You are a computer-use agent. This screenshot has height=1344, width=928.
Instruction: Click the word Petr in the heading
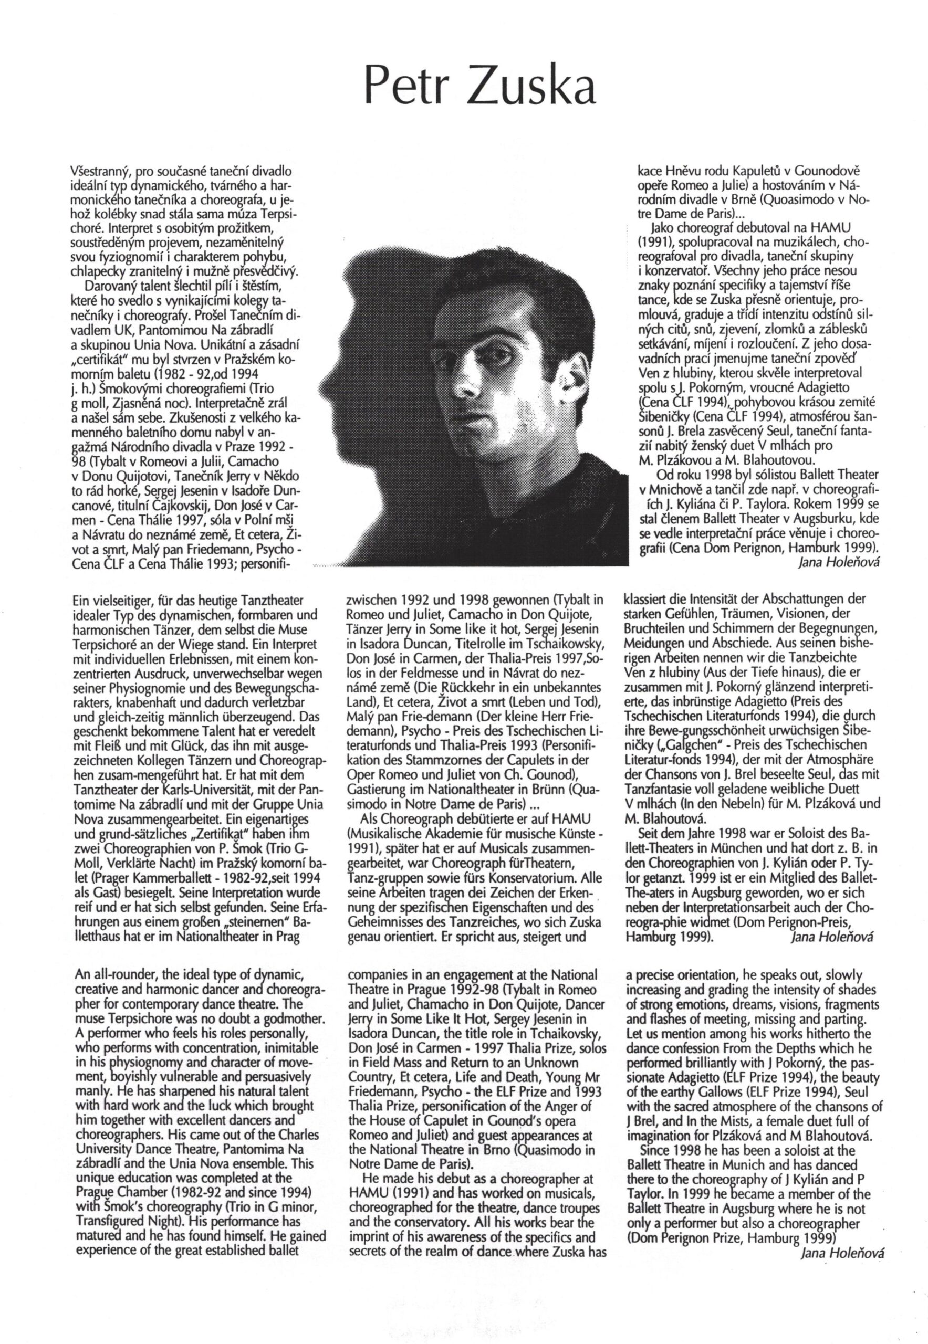click(402, 88)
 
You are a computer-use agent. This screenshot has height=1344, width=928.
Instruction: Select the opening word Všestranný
click(96, 172)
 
